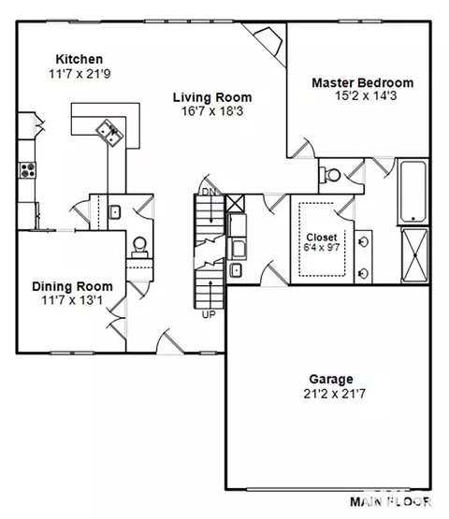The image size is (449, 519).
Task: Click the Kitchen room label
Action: click(x=80, y=59)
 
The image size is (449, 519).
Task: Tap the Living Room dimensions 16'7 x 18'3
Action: click(x=212, y=111)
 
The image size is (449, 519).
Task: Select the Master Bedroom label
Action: click(x=363, y=82)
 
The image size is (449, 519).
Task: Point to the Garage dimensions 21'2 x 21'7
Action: click(x=335, y=394)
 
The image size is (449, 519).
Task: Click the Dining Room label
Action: click(x=73, y=287)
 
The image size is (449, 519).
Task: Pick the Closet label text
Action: click(x=322, y=238)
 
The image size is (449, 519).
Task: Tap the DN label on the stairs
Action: click(x=209, y=192)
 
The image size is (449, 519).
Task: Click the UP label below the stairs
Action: click(x=209, y=314)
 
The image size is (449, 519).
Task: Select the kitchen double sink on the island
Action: click(x=109, y=133)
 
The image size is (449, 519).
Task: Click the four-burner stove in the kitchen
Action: click(x=27, y=170)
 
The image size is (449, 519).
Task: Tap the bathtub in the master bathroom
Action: click(x=413, y=192)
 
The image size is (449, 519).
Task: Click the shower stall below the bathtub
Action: click(x=414, y=255)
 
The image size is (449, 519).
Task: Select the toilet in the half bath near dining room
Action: click(x=139, y=247)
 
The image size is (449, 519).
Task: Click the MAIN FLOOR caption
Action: click(x=391, y=502)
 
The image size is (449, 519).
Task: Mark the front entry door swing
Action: click(x=170, y=341)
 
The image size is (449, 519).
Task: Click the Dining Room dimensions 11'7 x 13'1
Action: click(x=72, y=300)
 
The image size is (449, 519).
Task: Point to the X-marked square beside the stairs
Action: click(x=235, y=203)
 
